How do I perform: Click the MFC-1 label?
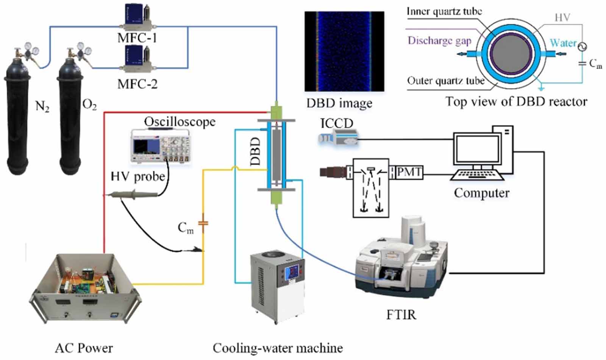click(x=137, y=38)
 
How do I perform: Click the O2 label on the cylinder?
click(x=89, y=105)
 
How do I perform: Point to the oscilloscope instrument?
click(x=160, y=146)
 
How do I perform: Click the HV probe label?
click(x=137, y=176)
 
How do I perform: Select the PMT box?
click(x=409, y=172)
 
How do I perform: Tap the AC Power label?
click(x=84, y=348)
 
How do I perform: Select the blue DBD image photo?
click(x=344, y=51)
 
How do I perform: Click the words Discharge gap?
click(x=439, y=41)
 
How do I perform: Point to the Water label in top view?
click(x=562, y=43)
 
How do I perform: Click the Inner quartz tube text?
click(x=444, y=11)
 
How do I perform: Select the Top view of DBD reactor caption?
click(x=516, y=101)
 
